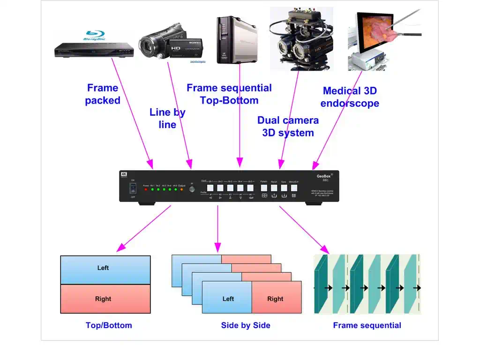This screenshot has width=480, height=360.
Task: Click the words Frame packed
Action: point(103,94)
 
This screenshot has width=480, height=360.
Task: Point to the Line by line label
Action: point(167,118)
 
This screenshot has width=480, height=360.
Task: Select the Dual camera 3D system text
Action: point(288,126)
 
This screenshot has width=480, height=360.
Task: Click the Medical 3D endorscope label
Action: point(350,97)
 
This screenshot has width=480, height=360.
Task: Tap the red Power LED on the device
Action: point(145,190)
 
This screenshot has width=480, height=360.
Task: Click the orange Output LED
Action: point(181,190)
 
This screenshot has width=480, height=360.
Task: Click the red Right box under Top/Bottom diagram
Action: point(105,299)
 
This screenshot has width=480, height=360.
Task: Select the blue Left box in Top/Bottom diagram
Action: point(105,270)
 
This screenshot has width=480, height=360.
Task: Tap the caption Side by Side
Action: point(246,325)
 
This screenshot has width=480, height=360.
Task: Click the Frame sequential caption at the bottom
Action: point(367,325)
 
